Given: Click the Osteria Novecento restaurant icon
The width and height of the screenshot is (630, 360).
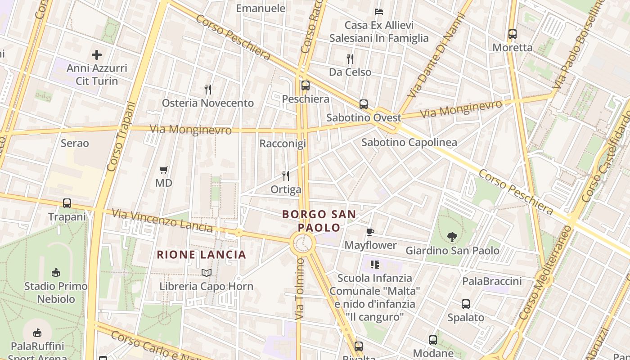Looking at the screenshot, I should point(208,90).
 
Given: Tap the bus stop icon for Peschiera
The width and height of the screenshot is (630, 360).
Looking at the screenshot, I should point(306,85).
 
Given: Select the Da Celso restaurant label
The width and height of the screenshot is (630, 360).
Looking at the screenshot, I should point(350,72).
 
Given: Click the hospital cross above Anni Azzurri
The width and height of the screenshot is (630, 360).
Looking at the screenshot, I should point(97,55).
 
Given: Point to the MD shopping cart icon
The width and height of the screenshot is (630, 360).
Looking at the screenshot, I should point(164,170).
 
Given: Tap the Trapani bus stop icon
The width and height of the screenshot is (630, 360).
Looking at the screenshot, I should point(67,203).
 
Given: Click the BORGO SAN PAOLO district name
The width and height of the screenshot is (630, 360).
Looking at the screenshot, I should point(319,221).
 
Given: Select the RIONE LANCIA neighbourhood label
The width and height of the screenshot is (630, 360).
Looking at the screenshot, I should point(202,255).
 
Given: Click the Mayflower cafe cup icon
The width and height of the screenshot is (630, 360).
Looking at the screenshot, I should point(370,232).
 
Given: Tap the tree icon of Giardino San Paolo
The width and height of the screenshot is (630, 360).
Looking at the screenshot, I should point(452,237).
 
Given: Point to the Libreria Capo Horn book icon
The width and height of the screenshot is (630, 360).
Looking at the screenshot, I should point(207,273).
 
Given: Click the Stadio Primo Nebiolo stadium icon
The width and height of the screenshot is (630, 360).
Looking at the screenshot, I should point(56,272).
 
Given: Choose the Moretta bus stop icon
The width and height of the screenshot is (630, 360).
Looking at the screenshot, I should point(513,34).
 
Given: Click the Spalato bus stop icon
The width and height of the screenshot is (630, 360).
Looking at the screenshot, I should point(466,304).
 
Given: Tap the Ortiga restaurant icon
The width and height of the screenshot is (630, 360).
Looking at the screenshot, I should point(286,176).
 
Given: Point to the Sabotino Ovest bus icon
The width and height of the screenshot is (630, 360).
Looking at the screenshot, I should point(364,104).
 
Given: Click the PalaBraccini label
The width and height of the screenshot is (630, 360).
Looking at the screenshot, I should point(492,281).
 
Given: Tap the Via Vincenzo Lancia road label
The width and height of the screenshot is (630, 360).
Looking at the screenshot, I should point(162,220).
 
